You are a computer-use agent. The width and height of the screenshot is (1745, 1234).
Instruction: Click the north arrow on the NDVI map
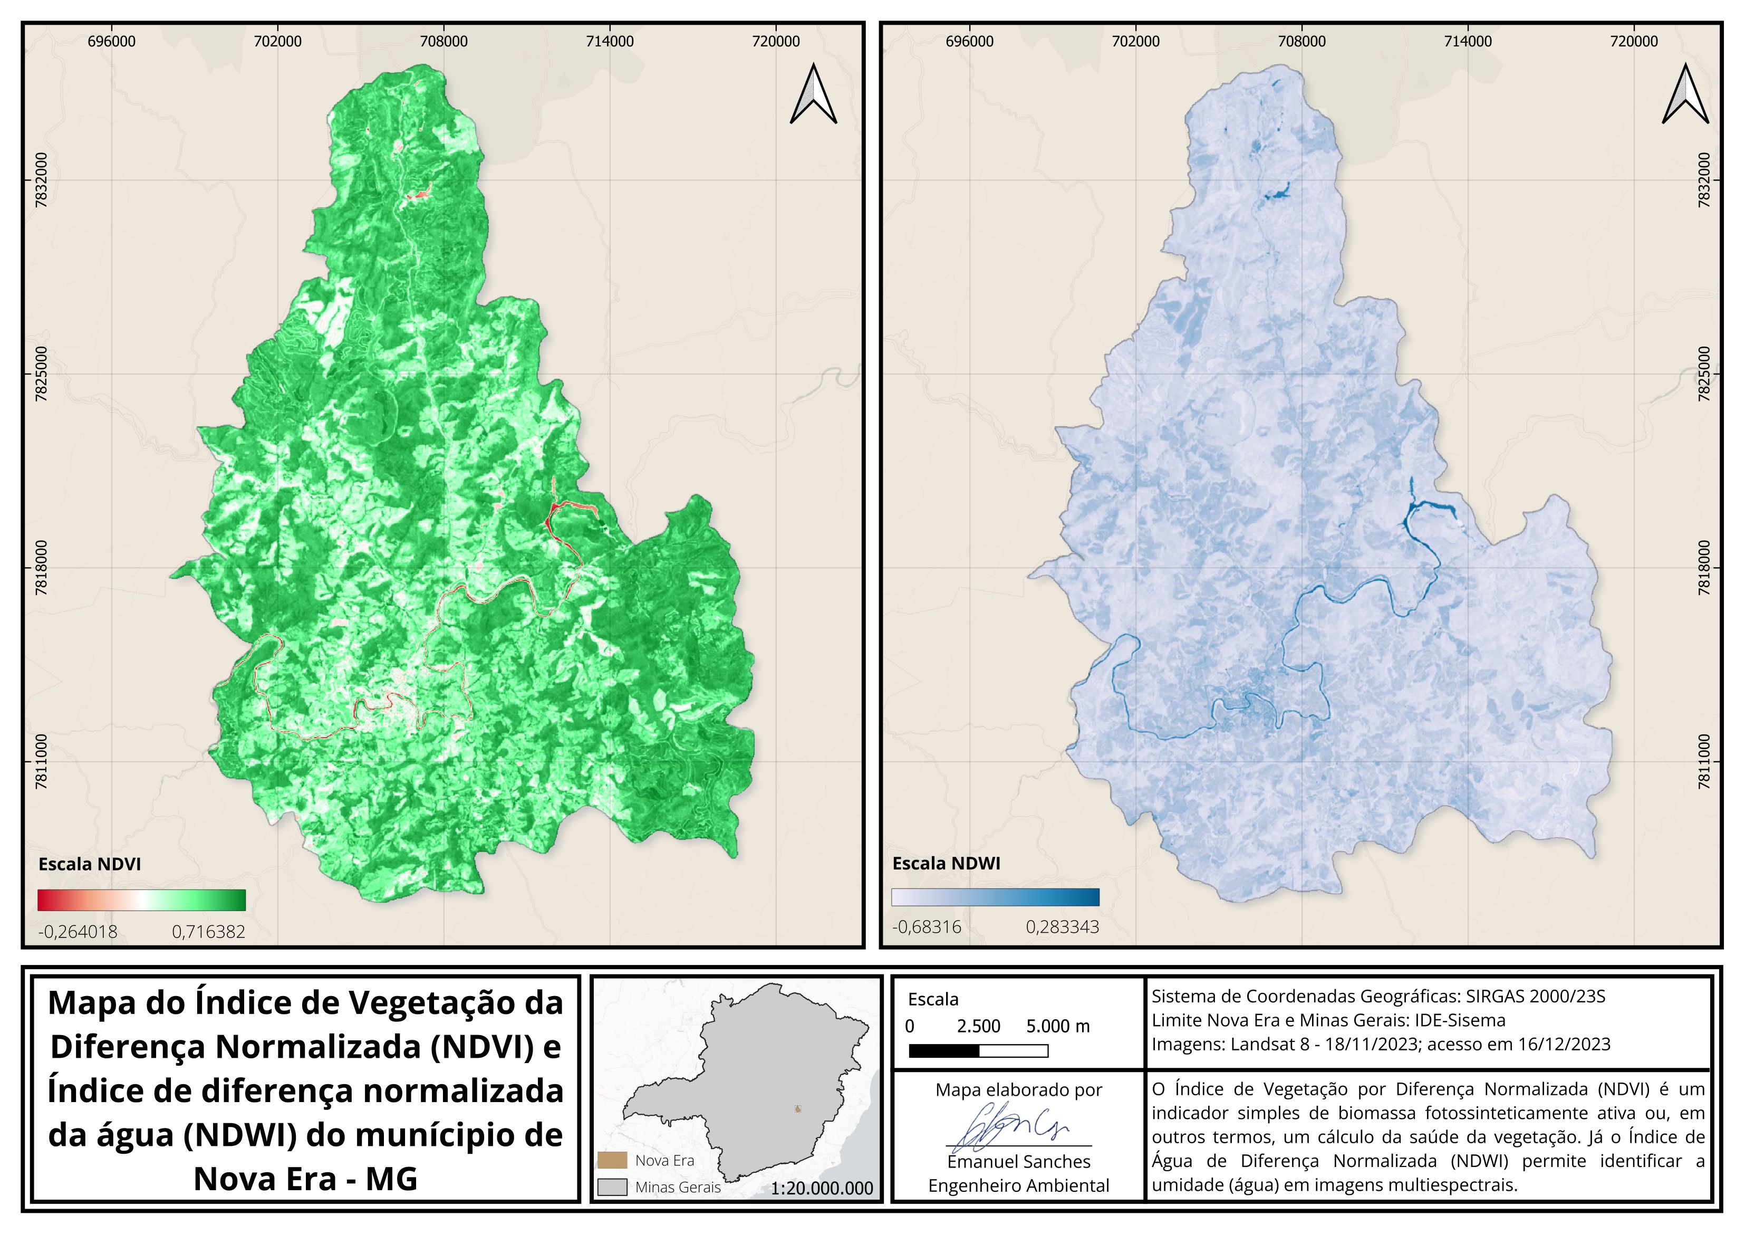(813, 94)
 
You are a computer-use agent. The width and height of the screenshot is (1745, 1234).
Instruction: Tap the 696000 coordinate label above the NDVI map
(112, 41)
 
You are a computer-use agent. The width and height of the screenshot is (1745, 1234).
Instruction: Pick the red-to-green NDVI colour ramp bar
(141, 900)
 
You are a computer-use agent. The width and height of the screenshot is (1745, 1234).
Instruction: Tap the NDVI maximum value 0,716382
(208, 931)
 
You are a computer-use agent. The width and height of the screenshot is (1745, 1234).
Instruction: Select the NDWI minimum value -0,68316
(927, 927)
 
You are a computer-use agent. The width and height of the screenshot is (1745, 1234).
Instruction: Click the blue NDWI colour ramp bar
(995, 897)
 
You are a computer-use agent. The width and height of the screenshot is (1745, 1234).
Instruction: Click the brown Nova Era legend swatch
(612, 1160)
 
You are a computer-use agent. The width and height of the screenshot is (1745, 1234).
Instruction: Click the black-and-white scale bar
(978, 1051)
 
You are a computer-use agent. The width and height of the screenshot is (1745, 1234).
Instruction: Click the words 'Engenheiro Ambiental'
(1018, 1185)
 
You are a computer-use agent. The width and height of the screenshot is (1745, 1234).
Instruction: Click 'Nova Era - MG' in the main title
(305, 1179)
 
